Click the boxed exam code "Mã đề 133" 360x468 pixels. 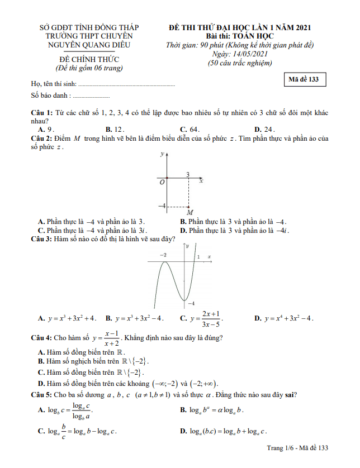coord(304,79)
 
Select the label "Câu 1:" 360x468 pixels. coord(42,113)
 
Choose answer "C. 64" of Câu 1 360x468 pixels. coord(190,129)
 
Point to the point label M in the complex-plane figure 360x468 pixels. coord(190,213)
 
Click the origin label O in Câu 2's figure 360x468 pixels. coord(162,182)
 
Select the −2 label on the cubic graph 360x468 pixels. coord(163,255)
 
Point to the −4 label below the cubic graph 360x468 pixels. coord(190,303)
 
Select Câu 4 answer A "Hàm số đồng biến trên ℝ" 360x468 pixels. coord(81,352)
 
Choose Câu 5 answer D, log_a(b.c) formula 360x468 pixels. coord(224,431)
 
